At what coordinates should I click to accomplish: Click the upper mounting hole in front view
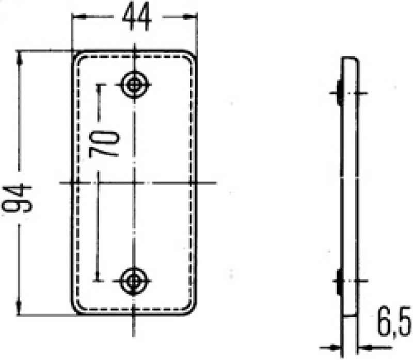[135, 85]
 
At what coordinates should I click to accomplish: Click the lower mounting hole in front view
[134, 281]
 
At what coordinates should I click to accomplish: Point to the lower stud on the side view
[339, 282]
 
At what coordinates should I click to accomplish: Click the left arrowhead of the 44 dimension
[76, 17]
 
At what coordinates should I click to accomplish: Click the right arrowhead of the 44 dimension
[193, 17]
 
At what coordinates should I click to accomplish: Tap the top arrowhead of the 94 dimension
[20, 55]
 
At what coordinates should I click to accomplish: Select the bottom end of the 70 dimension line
[98, 281]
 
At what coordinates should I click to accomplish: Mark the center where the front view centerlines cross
[134, 183]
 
